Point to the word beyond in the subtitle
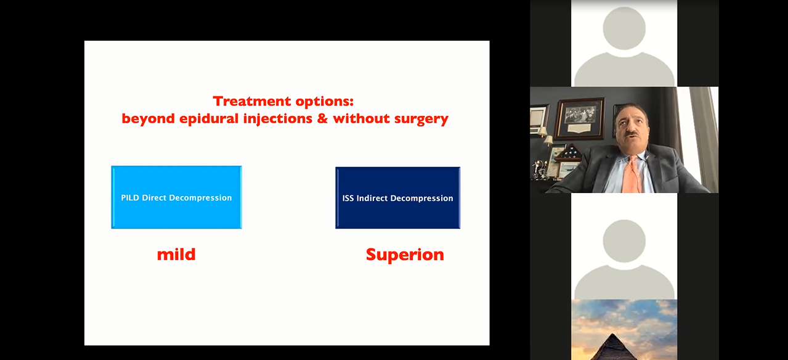[x=148, y=118]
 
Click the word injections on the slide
[x=278, y=118]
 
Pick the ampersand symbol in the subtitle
[x=322, y=118]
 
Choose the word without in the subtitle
[x=361, y=118]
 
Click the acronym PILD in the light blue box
[x=130, y=198]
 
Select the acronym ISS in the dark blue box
[x=348, y=198]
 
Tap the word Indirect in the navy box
[x=372, y=198]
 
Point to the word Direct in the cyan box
[x=154, y=198]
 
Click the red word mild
[x=176, y=255]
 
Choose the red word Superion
[x=405, y=255]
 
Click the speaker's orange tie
[x=632, y=175]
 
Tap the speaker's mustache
[x=632, y=134]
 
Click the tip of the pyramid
[x=613, y=333]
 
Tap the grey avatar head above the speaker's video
[x=624, y=28]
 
